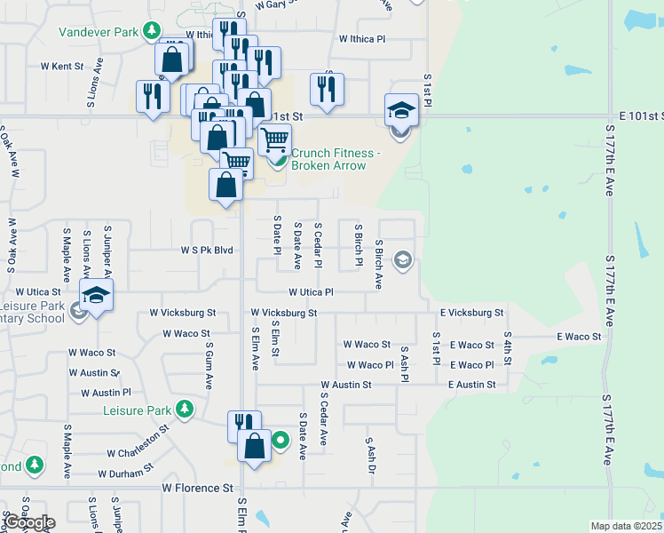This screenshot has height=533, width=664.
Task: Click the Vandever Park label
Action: click(x=99, y=32)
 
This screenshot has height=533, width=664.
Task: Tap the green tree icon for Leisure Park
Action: click(x=184, y=410)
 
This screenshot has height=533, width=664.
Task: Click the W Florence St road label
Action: click(x=197, y=489)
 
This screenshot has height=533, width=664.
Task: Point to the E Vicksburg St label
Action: click(x=471, y=313)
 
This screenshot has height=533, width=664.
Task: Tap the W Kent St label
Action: click(x=61, y=67)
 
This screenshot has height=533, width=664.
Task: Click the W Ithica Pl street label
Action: click(x=362, y=39)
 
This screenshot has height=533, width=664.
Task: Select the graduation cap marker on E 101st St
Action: click(x=401, y=112)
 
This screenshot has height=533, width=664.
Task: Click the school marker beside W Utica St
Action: click(x=97, y=296)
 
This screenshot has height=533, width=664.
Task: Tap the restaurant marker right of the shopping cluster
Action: click(x=327, y=90)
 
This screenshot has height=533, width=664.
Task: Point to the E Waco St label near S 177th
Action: click(x=579, y=337)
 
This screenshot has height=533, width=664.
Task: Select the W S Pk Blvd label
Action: click(x=208, y=251)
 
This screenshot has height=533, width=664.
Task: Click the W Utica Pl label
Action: click(x=310, y=291)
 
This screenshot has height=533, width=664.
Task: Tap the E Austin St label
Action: click(x=471, y=385)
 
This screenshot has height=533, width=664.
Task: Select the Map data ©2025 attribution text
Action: click(x=627, y=526)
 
